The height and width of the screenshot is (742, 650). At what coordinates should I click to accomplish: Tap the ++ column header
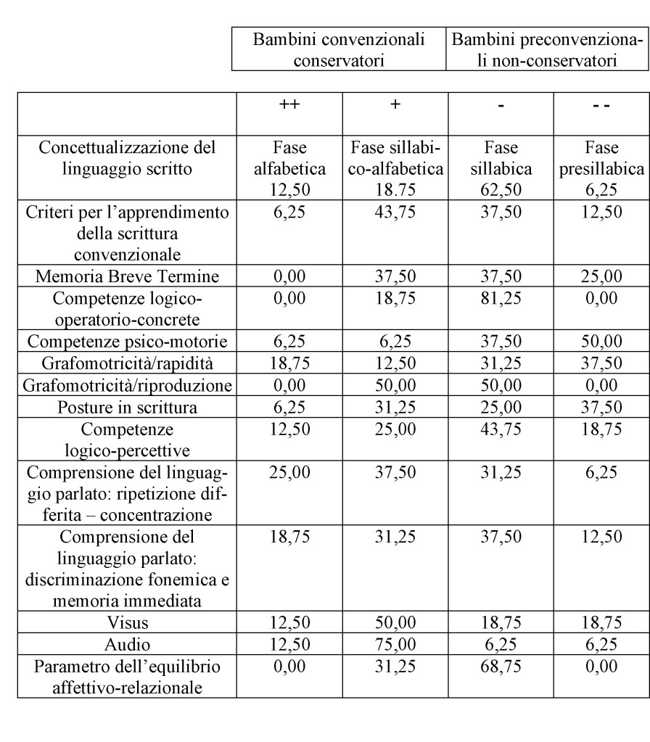tap(289, 104)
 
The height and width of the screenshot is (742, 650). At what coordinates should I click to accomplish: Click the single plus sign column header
tap(395, 104)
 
